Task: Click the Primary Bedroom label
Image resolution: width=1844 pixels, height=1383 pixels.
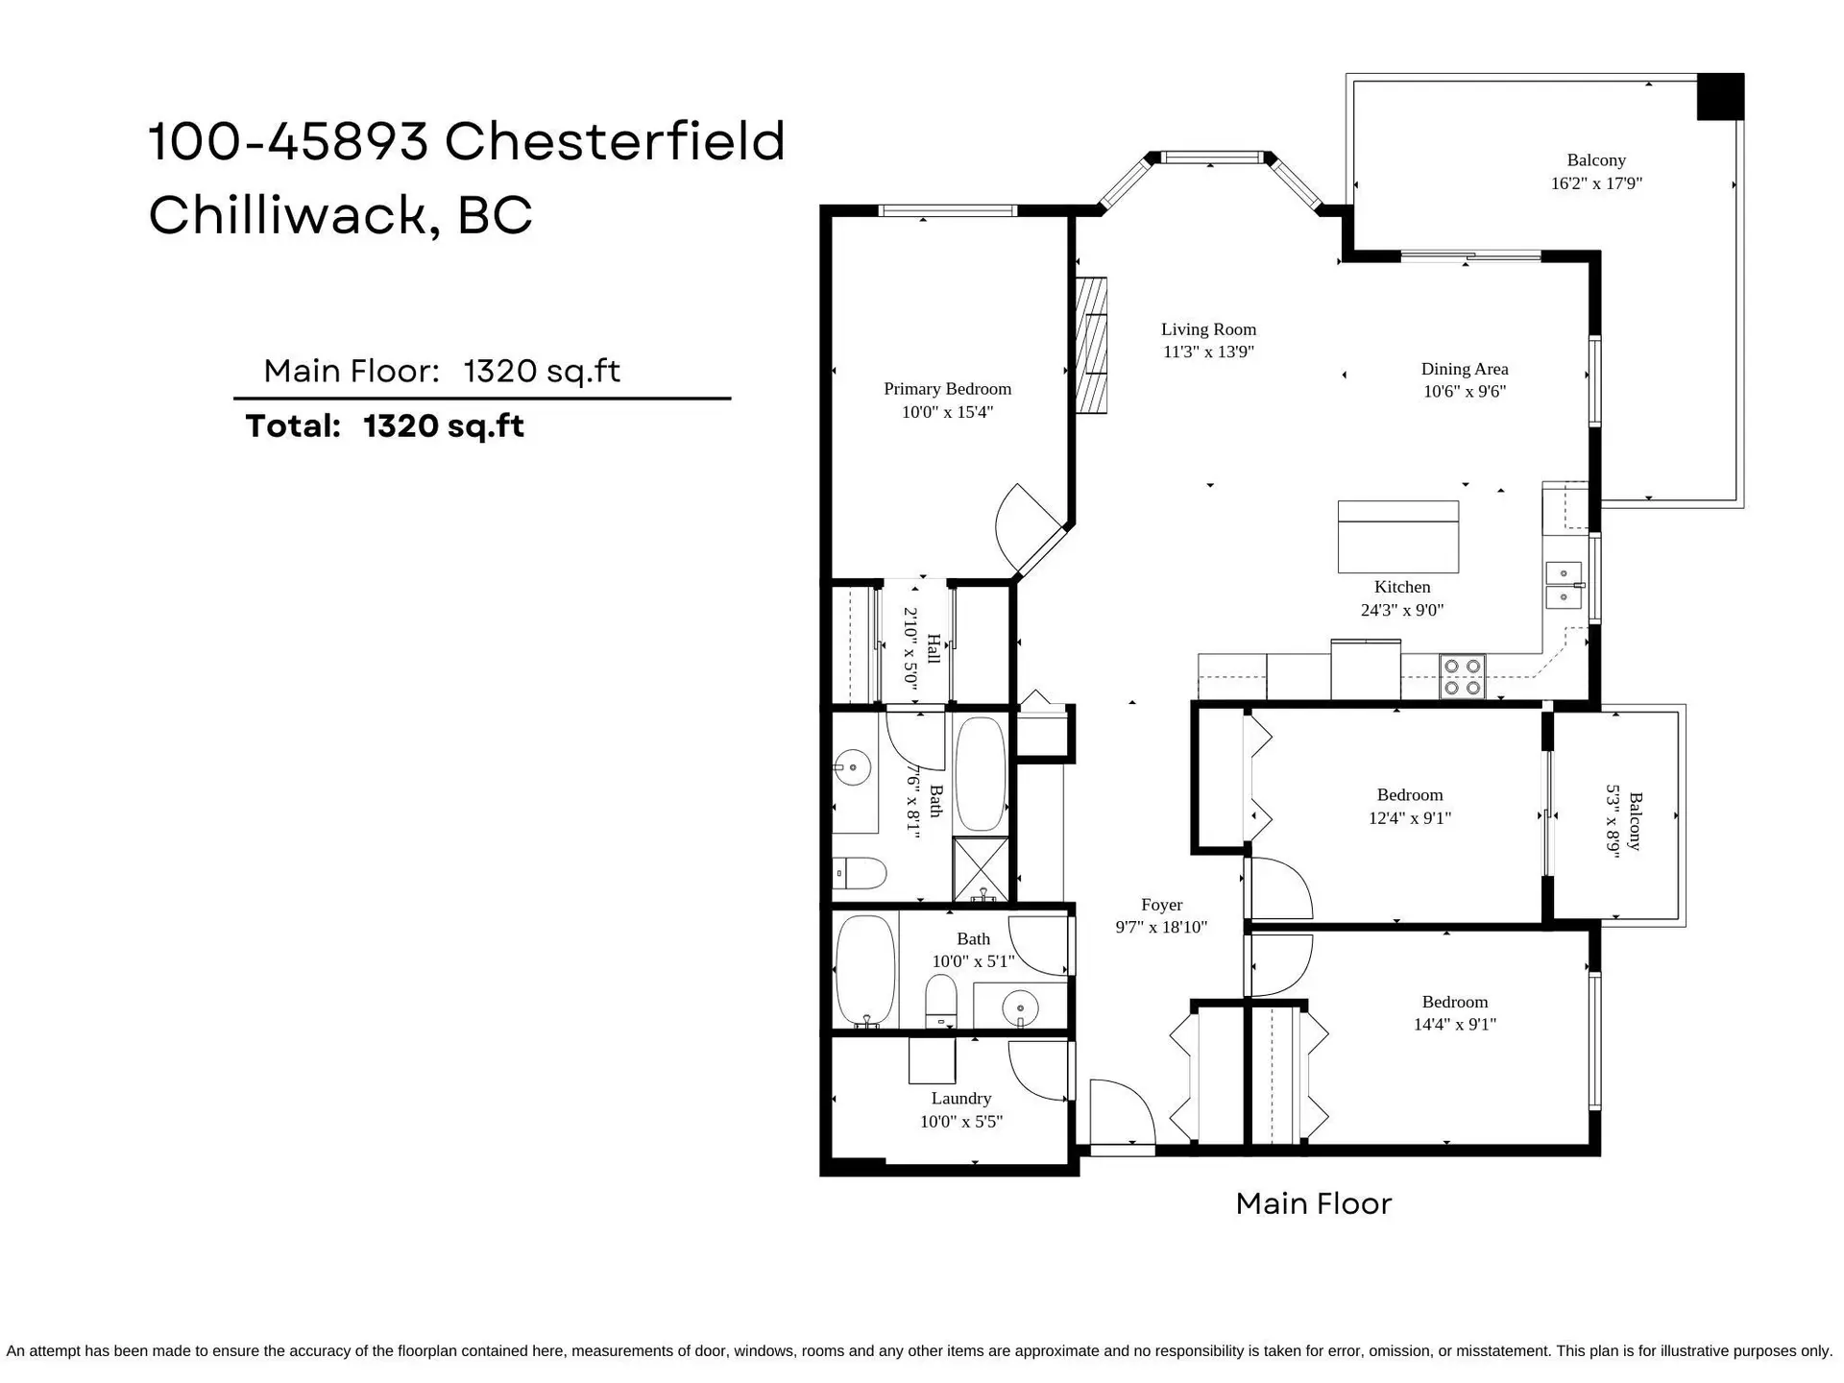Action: [947, 389]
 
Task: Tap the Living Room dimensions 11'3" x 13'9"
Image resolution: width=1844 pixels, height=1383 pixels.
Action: [1208, 352]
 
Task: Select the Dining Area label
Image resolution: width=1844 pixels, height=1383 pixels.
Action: [1464, 369]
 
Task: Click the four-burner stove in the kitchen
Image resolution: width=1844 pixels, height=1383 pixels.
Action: [1462, 677]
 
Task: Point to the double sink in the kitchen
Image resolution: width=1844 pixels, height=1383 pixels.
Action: [1564, 586]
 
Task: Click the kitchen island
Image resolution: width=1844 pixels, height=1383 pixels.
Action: [1397, 537]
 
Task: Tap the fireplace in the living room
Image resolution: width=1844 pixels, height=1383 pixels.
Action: [1091, 346]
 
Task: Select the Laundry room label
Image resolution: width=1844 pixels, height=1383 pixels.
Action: [960, 1099]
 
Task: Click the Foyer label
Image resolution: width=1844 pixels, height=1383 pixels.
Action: [1161, 905]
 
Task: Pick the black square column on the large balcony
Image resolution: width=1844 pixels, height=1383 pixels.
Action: [1719, 97]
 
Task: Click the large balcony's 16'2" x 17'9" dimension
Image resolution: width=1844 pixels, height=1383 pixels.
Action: [1596, 183]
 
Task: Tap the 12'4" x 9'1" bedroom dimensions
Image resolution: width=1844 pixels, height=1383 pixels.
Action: [1409, 818]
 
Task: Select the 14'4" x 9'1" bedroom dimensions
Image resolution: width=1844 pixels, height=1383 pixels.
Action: [1454, 1025]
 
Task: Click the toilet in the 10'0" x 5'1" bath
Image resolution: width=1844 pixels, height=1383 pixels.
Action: [941, 1001]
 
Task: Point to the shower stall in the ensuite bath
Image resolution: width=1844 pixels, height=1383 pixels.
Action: [981, 869]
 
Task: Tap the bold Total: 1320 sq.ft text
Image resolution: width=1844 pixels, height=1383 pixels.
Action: [384, 426]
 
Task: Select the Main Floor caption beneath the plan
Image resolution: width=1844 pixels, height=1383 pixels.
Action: [1313, 1203]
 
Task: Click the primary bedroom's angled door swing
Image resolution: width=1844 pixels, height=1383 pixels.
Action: [1028, 528]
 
